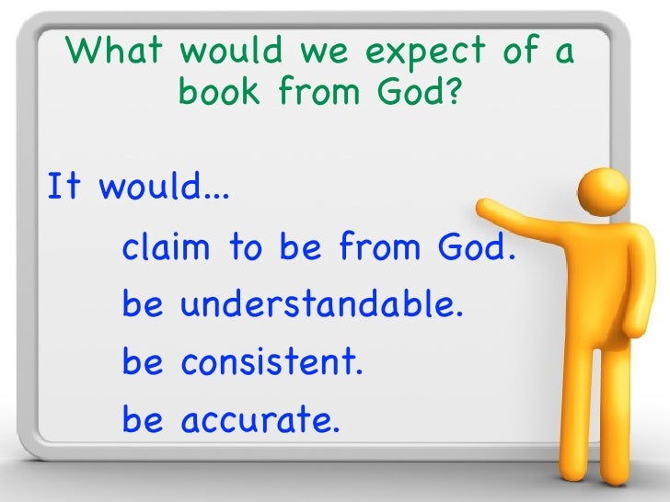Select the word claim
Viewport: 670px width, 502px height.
pyautogui.click(x=167, y=247)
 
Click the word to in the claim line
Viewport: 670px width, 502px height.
pyautogui.click(x=244, y=247)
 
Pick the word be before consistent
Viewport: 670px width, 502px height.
pyautogui.click(x=142, y=364)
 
